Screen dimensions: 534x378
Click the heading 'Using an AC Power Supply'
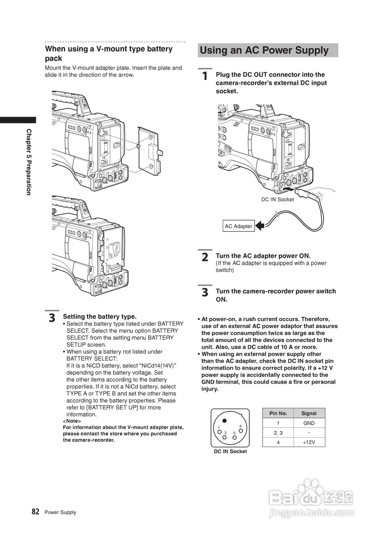264,50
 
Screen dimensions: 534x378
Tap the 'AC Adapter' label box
238,226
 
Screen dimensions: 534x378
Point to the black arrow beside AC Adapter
260,226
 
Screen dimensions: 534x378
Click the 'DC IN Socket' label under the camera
278,199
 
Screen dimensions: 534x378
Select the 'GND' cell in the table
309,423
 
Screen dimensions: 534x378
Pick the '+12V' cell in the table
309,442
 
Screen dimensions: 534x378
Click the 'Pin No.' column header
278,413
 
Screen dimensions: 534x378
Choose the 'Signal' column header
309,413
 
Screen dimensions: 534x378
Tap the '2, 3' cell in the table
278,433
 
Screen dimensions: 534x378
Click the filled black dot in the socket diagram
225,421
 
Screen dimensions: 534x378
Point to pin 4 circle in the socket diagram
241,430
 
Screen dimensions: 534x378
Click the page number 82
36,511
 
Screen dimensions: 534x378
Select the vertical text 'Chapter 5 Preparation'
29,162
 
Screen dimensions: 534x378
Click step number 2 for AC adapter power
205,257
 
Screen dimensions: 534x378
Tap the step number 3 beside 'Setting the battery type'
52,318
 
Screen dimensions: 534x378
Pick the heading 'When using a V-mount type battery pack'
109,53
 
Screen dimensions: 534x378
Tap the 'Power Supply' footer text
61,512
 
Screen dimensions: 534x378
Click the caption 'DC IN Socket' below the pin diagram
230,451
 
